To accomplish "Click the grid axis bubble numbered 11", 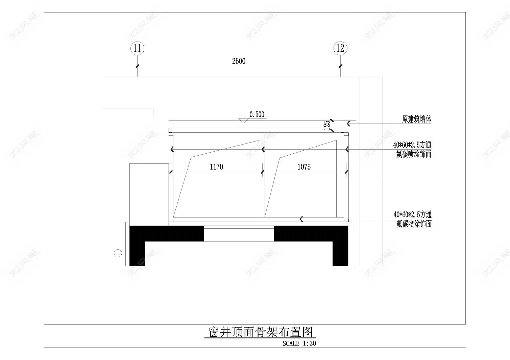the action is coord(137,48).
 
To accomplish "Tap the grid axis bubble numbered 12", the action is coord(340,48).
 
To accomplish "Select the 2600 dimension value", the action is coord(239,61).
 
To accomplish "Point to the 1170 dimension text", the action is coord(216,167).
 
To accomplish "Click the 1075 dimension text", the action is coord(304,167).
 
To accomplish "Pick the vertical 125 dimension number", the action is coord(327,125).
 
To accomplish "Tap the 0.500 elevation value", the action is coord(257,114).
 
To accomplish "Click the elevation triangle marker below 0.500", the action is coord(243,121).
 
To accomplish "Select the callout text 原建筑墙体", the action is coord(416,119).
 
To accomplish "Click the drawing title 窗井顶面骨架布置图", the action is coord(261,332).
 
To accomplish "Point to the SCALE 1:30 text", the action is coord(299,343).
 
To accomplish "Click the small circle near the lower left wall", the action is coord(118,253).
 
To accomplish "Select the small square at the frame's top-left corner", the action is coord(170,130).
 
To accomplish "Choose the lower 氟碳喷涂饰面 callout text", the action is coord(414,224).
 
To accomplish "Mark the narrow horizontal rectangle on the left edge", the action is coord(128,112).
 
